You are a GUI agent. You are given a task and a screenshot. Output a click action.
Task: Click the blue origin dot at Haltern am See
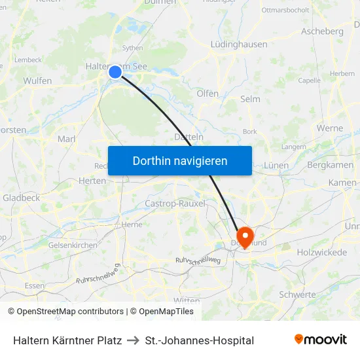click(x=115, y=72)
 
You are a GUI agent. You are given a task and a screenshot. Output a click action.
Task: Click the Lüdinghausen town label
click(x=239, y=45)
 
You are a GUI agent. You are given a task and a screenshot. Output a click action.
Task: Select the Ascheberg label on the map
click(x=322, y=31)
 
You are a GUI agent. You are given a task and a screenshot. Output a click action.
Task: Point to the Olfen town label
click(x=207, y=94)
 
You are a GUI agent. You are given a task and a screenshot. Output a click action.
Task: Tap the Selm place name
click(x=250, y=99)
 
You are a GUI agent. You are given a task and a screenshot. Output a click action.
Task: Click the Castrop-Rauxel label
click(x=175, y=204)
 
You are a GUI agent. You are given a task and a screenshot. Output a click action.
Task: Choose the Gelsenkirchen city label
click(x=73, y=245)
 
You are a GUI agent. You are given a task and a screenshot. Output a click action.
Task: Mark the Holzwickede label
click(x=321, y=252)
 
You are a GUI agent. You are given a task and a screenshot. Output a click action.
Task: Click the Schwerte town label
click(x=297, y=295)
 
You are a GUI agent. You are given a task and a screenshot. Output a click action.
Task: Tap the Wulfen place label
click(x=37, y=81)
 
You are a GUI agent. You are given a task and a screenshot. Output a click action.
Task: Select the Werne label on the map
click(x=329, y=128)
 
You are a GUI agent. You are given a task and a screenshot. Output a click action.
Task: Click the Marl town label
click(x=67, y=139)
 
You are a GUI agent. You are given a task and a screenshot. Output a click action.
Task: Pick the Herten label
click(x=92, y=181)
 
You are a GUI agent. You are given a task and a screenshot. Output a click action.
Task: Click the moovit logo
click(x=321, y=340)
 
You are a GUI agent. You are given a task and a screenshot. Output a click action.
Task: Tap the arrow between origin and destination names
click(x=134, y=340)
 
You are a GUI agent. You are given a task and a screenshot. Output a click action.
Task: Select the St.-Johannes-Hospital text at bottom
click(x=200, y=340)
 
